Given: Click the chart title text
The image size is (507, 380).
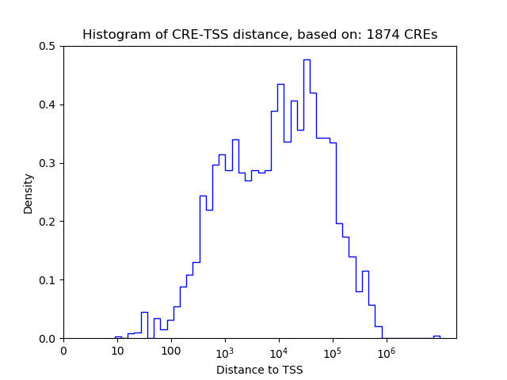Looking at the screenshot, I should pyautogui.click(x=260, y=35).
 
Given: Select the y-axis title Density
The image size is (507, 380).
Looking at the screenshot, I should pyautogui.click(x=29, y=192).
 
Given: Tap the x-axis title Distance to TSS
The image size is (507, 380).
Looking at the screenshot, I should pyautogui.click(x=260, y=370).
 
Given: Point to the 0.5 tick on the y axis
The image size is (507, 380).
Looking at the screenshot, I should pyautogui.click(x=49, y=46).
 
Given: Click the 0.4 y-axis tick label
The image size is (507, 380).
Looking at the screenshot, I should pyautogui.click(x=49, y=104).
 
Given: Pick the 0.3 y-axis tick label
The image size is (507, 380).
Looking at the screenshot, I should pyautogui.click(x=49, y=163).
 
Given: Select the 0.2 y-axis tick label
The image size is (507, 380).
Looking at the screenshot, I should pyautogui.click(x=49, y=222).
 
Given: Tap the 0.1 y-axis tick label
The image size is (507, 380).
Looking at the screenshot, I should pyautogui.click(x=49, y=280).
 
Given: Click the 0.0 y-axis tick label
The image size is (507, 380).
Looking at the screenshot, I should pyautogui.click(x=49, y=339).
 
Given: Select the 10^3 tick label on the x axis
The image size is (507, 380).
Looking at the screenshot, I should pyautogui.click(x=224, y=351).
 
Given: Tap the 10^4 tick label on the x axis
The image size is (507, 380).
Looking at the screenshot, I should pyautogui.click(x=278, y=351).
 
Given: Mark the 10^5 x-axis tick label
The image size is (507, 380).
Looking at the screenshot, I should pyautogui.click(x=332, y=351).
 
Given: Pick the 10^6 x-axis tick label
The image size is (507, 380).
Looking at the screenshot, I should pyautogui.click(x=386, y=351).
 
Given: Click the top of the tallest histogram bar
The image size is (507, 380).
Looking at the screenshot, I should pyautogui.click(x=307, y=60).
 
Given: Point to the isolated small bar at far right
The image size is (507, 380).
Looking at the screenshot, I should pyautogui.click(x=436, y=336).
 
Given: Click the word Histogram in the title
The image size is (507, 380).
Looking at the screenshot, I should pyautogui.click(x=111, y=35).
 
